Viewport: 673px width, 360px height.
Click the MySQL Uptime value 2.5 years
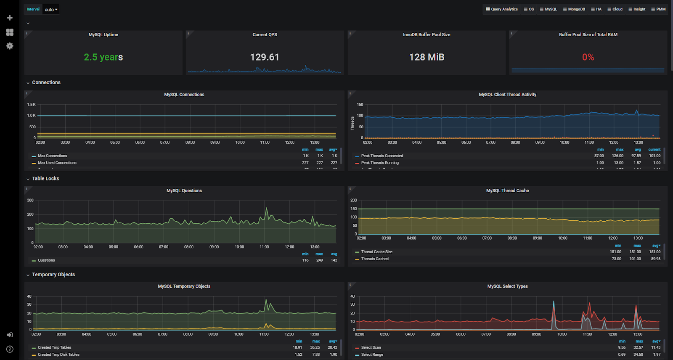click(103, 57)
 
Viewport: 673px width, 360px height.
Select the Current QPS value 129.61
click(265, 57)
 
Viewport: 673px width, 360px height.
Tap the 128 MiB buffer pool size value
click(427, 57)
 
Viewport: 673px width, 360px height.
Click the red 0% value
click(588, 57)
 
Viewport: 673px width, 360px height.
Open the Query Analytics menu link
click(502, 9)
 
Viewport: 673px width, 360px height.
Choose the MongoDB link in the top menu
click(574, 9)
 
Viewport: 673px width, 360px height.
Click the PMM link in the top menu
click(658, 9)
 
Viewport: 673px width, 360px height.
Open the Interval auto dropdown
click(51, 10)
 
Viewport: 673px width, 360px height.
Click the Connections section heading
click(46, 82)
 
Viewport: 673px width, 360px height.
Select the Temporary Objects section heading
click(53, 275)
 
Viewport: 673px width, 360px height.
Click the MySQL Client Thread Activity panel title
click(507, 95)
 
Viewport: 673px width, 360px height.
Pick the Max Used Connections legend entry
click(57, 163)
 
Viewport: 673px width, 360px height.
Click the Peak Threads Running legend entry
click(380, 163)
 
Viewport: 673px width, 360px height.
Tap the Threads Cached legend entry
click(375, 259)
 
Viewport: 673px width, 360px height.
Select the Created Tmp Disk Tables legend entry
click(58, 355)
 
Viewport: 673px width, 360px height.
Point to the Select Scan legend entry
click(371, 347)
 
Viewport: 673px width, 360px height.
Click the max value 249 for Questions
click(320, 260)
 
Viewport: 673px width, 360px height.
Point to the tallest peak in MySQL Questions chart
click(266, 208)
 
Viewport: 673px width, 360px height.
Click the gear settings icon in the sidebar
click(10, 46)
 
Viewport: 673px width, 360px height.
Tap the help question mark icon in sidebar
click(10, 349)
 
